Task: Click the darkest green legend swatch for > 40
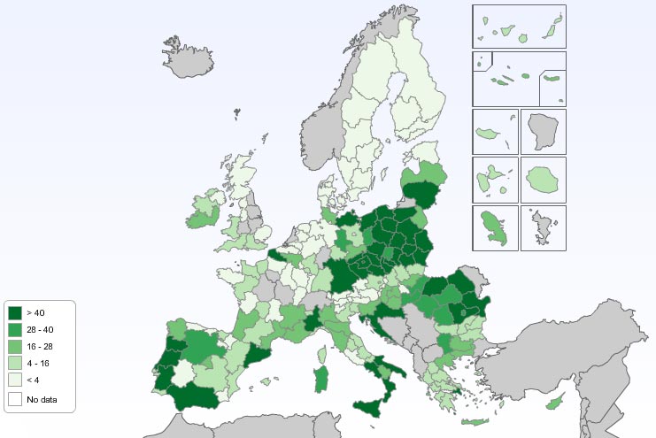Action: point(15,312)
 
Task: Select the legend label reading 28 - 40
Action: point(40,329)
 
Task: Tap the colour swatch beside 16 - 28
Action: point(15,347)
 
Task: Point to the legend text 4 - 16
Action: point(38,364)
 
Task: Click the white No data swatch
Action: point(15,399)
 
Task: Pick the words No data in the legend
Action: point(42,399)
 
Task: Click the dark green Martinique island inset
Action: point(493,227)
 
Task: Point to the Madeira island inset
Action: point(489,134)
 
